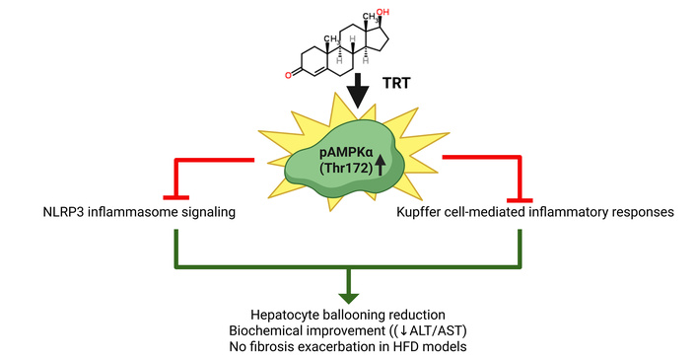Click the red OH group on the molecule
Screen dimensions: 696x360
pyautogui.click(x=383, y=13)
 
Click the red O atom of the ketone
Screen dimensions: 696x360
pyautogui.click(x=288, y=75)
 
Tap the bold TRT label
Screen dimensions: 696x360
pyautogui.click(x=396, y=83)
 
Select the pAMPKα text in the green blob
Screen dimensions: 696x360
pyautogui.click(x=346, y=154)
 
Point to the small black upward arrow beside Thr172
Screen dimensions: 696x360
pyautogui.click(x=381, y=168)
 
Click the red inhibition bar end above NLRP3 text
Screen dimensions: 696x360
pyautogui.click(x=176, y=197)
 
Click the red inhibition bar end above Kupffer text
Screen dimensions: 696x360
pyautogui.click(x=520, y=200)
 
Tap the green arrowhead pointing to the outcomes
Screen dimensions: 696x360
pyautogui.click(x=348, y=298)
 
